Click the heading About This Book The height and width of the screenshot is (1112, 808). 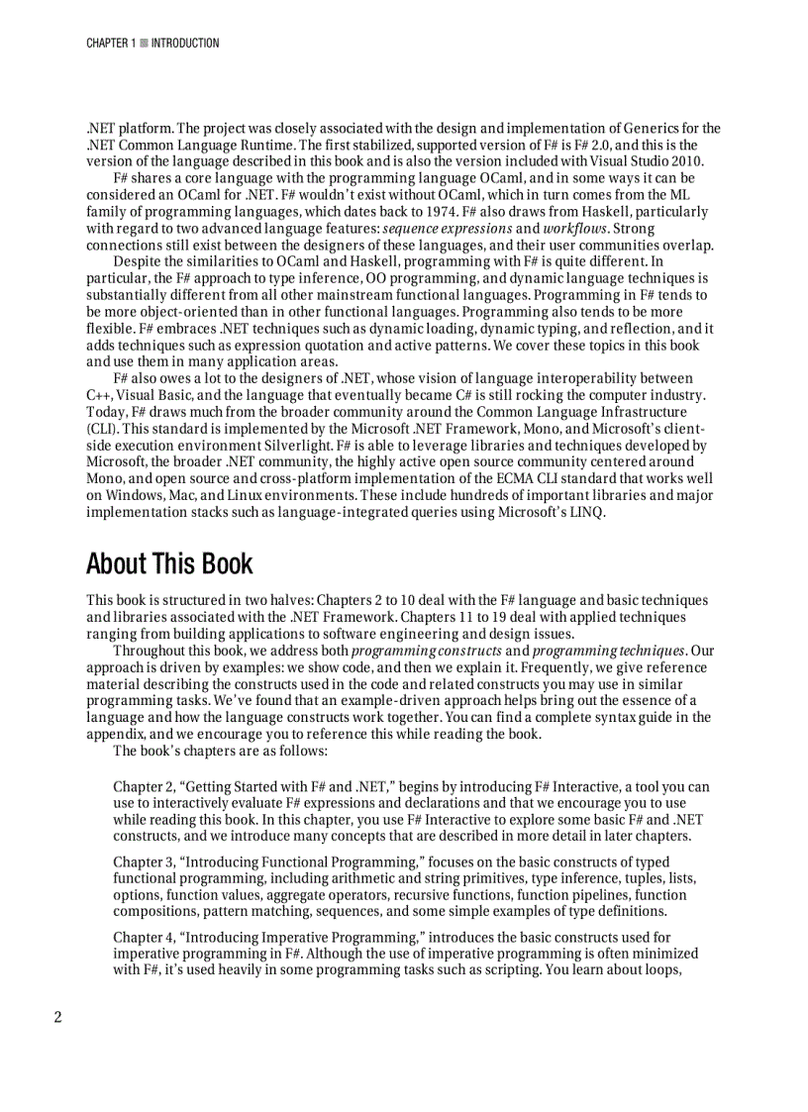tap(169, 564)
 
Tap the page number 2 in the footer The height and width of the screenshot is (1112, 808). tap(57, 1017)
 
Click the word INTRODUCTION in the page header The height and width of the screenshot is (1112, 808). tap(185, 44)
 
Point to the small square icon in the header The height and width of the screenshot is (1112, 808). tap(144, 44)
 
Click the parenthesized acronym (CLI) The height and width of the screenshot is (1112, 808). tap(102, 429)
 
